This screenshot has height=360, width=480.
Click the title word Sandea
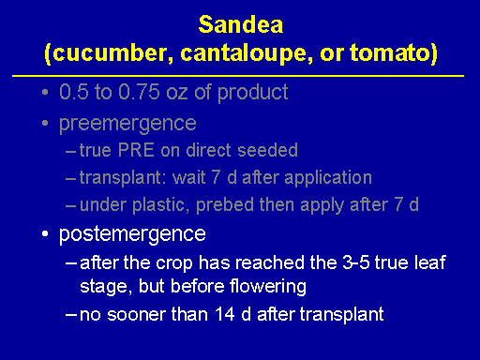click(x=241, y=24)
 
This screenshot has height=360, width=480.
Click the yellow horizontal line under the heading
click(x=238, y=76)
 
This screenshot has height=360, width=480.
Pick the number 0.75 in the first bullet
click(x=139, y=92)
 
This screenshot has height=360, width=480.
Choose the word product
click(x=252, y=93)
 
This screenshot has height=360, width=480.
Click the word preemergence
click(x=127, y=124)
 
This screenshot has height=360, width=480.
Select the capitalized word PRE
click(x=136, y=150)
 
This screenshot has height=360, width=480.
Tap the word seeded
click(x=267, y=150)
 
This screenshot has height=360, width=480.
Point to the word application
click(x=328, y=178)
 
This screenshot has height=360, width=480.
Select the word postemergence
click(x=132, y=234)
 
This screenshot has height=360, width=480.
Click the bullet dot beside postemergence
click(x=45, y=233)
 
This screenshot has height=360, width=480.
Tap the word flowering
click(x=268, y=287)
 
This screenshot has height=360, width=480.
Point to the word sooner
click(x=136, y=314)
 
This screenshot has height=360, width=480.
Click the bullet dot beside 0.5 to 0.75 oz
click(x=45, y=92)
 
